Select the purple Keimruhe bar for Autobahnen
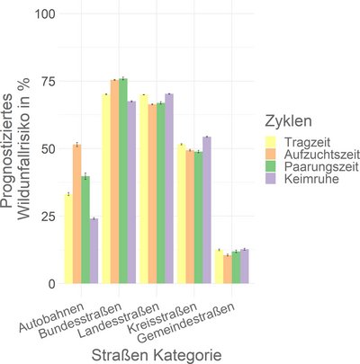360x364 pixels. pos(94,251)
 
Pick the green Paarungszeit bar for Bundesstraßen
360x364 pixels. pos(122,181)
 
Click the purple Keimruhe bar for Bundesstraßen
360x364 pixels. pos(131,192)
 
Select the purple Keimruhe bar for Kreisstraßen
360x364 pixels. pos(207,210)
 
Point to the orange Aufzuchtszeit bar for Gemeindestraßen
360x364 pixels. pos(227,270)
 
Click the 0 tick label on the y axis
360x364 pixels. pos(50,283)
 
